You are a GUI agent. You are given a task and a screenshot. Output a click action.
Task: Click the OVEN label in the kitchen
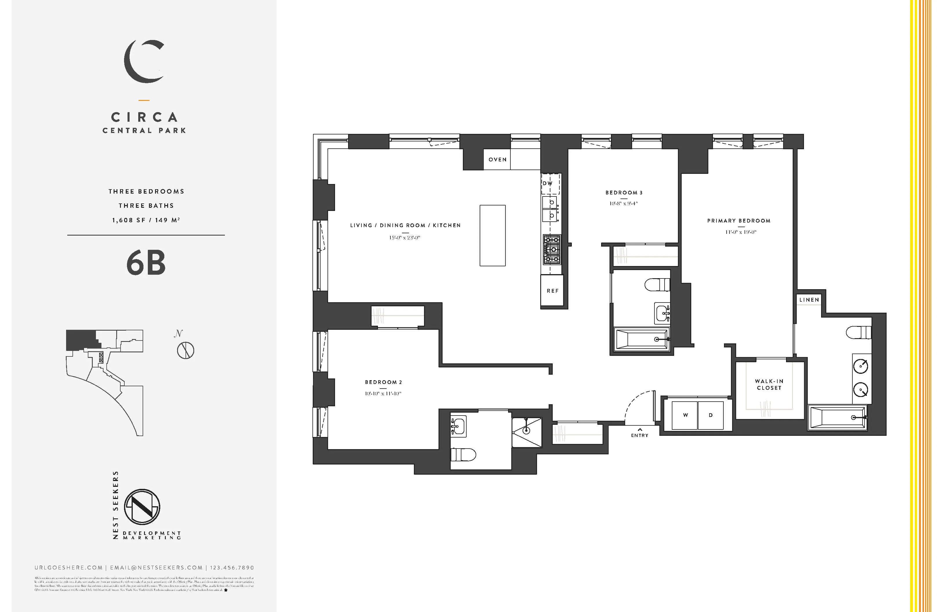tap(497, 159)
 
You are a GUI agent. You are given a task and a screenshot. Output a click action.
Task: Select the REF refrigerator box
tap(552, 291)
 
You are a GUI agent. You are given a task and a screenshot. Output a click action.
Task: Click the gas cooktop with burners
tap(552, 249)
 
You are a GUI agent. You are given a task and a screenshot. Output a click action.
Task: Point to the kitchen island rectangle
tap(492, 235)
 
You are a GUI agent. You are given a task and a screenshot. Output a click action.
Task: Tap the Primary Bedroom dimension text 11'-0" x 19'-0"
tap(741, 232)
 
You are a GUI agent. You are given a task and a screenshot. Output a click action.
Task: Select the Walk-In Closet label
tap(769, 384)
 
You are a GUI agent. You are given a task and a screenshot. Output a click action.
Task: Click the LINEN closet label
tap(809, 300)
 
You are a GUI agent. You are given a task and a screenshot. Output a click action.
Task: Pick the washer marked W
tap(685, 415)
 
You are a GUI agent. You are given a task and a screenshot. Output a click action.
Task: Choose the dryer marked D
tap(711, 415)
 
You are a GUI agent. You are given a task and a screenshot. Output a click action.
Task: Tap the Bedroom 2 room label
tap(383, 382)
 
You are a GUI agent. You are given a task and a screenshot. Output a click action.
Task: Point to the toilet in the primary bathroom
tap(858, 332)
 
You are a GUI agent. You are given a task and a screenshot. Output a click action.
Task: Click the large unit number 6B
tap(146, 263)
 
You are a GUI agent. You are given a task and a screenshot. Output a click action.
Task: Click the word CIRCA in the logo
tap(144, 117)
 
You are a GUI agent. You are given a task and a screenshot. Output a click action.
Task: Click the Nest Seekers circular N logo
tap(142, 507)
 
